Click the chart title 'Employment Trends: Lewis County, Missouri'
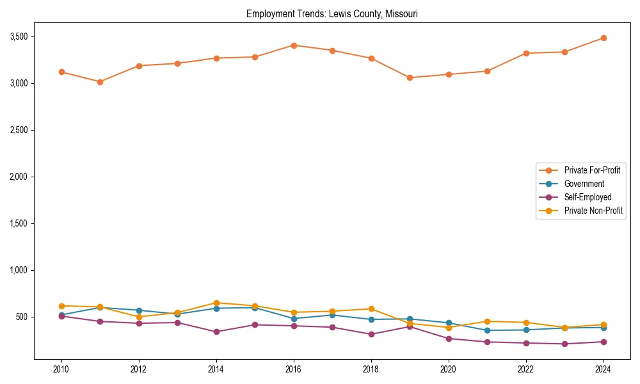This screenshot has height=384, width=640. click(x=332, y=14)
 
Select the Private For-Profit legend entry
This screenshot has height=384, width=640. click(x=592, y=170)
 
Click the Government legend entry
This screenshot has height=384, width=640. click(x=584, y=184)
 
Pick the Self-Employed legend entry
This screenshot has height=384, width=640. click(x=588, y=197)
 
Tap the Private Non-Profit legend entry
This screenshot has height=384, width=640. click(x=593, y=211)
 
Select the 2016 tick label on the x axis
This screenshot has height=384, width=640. click(x=294, y=369)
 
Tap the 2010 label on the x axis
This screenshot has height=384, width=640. click(x=61, y=369)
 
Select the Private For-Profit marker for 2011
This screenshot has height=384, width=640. click(x=100, y=82)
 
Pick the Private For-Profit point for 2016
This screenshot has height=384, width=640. click(x=294, y=45)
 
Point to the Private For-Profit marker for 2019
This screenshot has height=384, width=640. click(x=410, y=77)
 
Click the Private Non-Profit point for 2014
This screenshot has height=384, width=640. click(x=216, y=303)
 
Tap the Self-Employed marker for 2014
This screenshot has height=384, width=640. click(x=216, y=332)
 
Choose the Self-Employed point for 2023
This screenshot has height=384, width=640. click(x=564, y=344)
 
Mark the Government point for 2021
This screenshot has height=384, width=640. click(x=487, y=330)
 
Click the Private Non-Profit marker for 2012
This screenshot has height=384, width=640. click(x=139, y=317)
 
